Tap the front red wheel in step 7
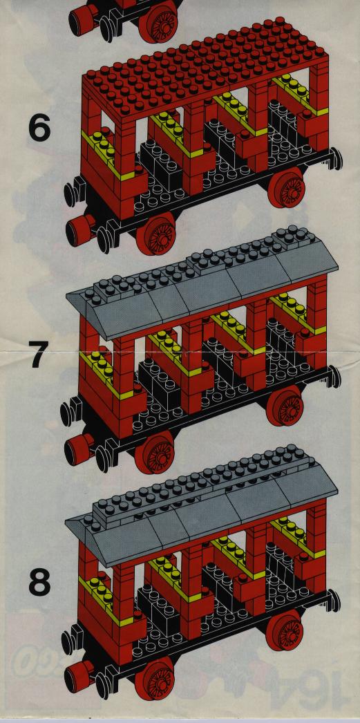click(154, 452)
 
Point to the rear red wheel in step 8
click(285, 630)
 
